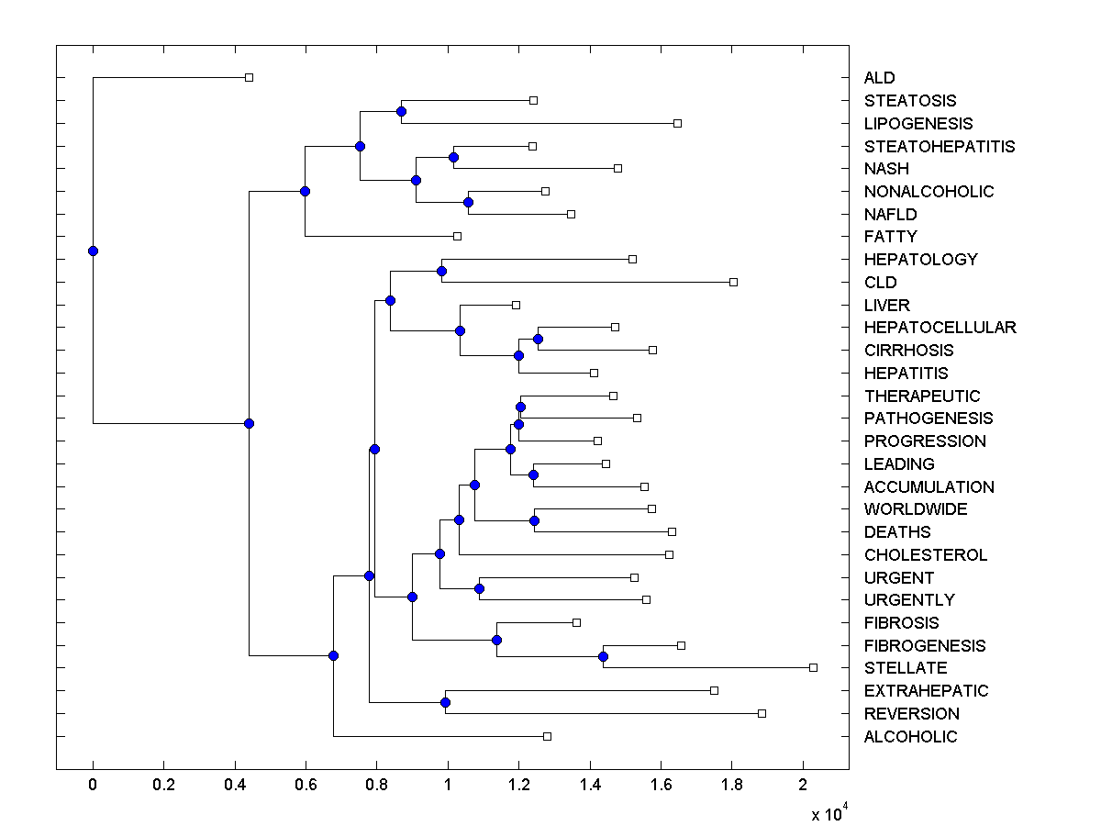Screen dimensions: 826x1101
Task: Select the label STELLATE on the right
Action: [x=905, y=668]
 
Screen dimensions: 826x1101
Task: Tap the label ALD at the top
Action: [x=879, y=78]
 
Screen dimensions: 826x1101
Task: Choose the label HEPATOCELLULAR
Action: [x=940, y=328]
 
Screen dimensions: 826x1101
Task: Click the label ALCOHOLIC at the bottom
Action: [x=910, y=737]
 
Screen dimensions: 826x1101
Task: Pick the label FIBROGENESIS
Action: [x=925, y=646]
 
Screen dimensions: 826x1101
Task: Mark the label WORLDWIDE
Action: [x=915, y=509]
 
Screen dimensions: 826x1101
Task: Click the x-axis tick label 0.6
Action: [x=306, y=786]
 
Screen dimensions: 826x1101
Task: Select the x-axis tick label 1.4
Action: [x=590, y=786]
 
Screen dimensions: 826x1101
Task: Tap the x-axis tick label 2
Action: [x=803, y=786]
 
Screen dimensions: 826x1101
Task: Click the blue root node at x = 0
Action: [x=93, y=251]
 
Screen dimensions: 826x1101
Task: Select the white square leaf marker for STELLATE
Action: [x=813, y=667]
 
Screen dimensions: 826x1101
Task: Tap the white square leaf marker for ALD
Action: [x=249, y=77]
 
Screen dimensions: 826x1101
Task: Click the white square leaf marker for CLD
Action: [x=733, y=282]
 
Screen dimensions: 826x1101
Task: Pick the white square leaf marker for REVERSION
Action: [x=762, y=713]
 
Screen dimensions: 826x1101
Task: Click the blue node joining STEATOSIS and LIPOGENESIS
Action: [x=401, y=111]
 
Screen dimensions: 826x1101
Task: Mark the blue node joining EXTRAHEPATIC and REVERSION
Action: [x=445, y=702]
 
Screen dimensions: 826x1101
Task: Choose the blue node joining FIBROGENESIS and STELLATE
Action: [x=603, y=656]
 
